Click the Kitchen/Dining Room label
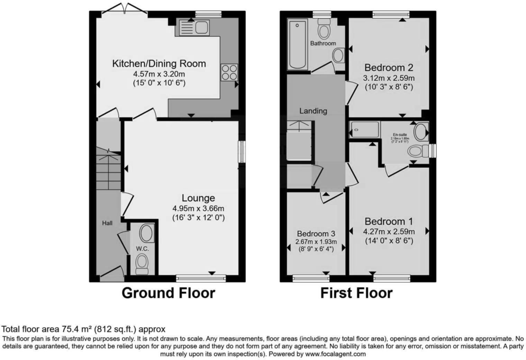159,64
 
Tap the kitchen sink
194,27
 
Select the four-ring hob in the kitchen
229,73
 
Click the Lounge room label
198,198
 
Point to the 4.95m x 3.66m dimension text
198,208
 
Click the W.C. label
142,249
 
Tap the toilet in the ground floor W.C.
142,263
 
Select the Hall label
107,223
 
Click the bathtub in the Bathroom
297,44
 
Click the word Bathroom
323,43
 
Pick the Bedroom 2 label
389,67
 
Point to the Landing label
313,111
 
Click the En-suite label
400,135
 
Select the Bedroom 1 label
389,221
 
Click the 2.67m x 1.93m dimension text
316,242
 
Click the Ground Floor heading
168,293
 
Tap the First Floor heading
356,293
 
